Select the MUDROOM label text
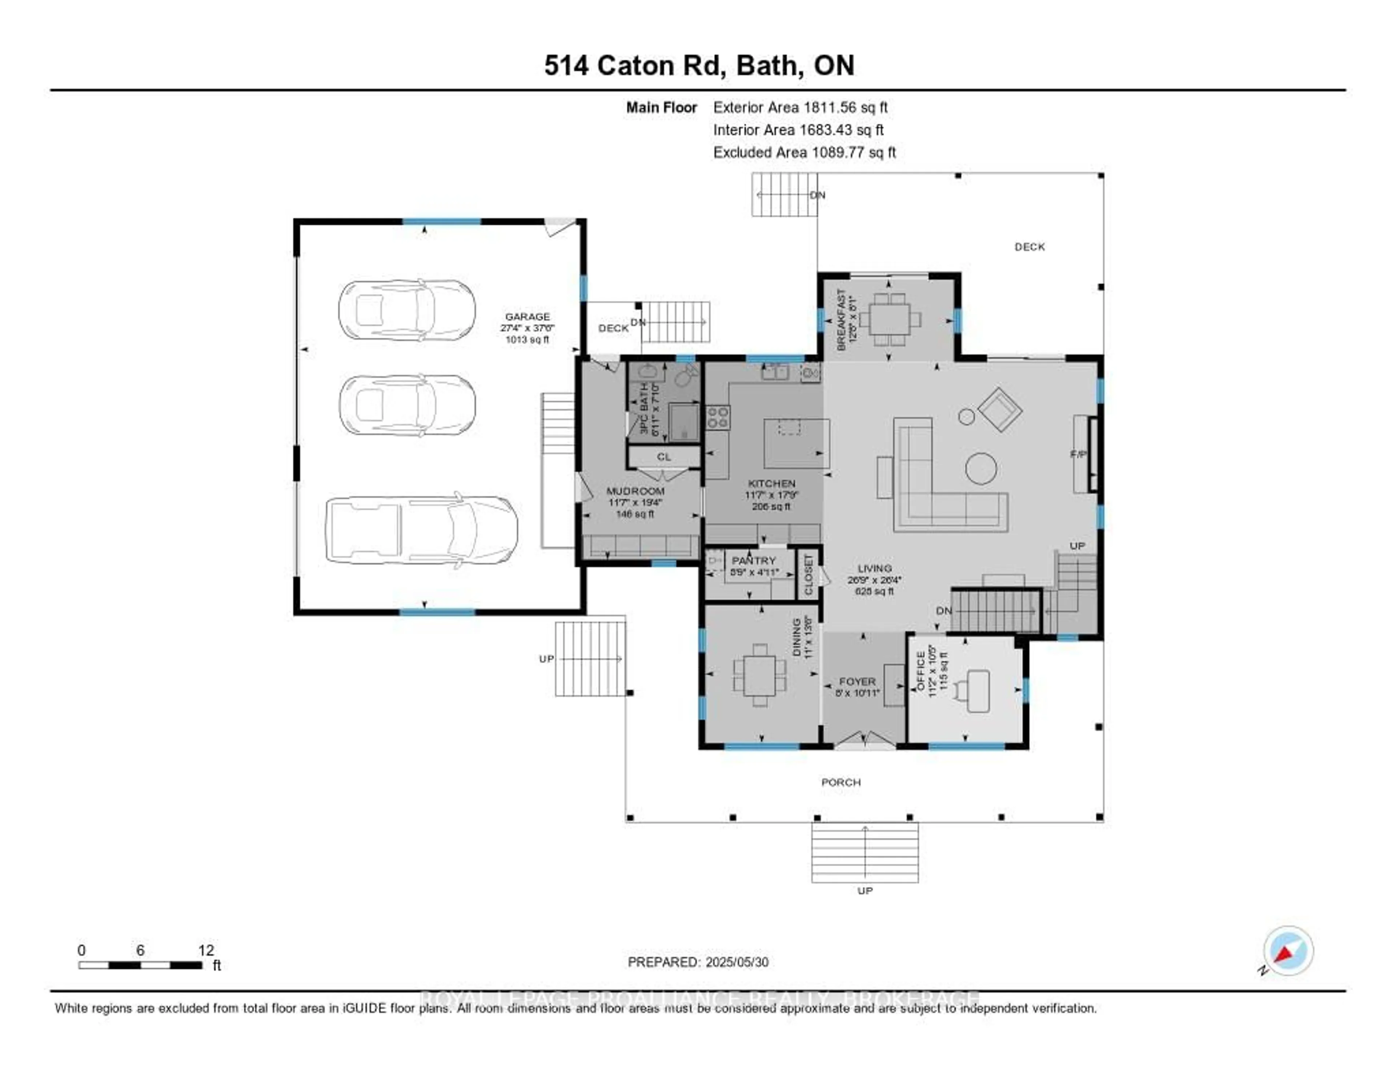point(635,491)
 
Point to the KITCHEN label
point(771,483)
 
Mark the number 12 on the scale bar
point(206,950)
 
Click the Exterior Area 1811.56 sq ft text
point(800,107)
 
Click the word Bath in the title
point(766,65)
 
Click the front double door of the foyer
point(864,741)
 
